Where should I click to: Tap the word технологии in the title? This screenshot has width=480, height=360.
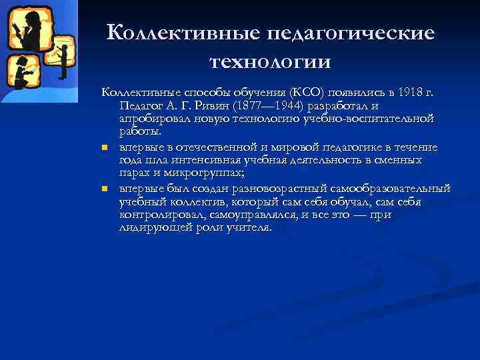point(270,61)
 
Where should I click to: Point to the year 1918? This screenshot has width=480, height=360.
point(407,91)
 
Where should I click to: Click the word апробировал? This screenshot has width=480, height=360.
point(154,118)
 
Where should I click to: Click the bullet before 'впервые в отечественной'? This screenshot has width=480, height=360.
point(105,148)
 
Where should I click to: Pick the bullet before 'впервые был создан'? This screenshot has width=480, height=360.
point(105,189)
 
